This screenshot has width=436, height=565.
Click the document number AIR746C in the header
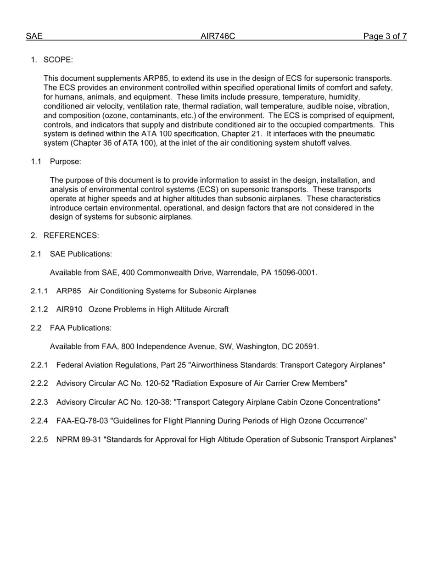tap(218, 36)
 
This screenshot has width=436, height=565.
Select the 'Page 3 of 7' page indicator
tap(385, 36)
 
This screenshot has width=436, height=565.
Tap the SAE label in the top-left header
tap(34, 36)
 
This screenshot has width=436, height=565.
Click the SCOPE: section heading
tap(58, 60)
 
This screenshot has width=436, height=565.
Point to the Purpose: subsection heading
tap(66, 162)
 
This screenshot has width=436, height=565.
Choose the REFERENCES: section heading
tap(71, 236)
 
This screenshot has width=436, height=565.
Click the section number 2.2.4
tap(39, 421)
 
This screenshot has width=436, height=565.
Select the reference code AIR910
tap(69, 310)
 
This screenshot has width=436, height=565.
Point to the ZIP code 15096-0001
tap(295, 273)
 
